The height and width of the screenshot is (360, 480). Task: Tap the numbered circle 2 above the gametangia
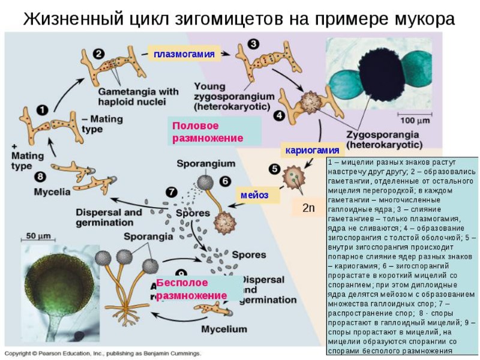click(98, 53)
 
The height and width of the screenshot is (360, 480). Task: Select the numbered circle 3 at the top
click(254, 44)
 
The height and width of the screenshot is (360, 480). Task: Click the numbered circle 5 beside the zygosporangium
click(275, 169)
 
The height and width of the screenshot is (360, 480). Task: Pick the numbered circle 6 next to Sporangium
click(224, 180)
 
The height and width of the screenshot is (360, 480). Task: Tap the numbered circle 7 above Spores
click(172, 192)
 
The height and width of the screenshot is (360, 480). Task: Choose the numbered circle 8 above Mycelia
click(40, 176)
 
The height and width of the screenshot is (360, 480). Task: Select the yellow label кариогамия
click(312, 149)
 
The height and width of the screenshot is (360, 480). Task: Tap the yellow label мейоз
click(254, 195)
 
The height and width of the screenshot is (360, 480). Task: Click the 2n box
click(308, 208)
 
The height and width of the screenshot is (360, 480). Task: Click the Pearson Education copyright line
click(103, 353)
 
